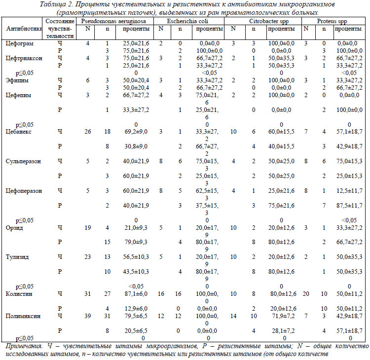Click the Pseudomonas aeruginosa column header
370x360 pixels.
click(x=113, y=21)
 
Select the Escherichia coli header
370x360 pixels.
click(x=187, y=21)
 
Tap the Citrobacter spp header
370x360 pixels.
click(x=269, y=21)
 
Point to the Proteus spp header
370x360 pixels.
click(x=332, y=21)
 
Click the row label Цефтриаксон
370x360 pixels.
click(x=24, y=58)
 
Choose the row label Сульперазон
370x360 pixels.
click(x=23, y=162)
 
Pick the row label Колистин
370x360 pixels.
click(x=19, y=294)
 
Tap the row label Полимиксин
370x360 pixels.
click(x=23, y=316)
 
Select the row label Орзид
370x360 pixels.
click(x=14, y=228)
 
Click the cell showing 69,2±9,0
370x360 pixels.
click(x=136, y=132)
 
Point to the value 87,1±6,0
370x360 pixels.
click(x=136, y=294)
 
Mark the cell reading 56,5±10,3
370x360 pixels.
click(x=136, y=257)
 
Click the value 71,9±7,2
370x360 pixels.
click(x=283, y=316)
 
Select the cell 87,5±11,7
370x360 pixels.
click(x=349, y=206)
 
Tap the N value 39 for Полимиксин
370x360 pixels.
click(x=87, y=316)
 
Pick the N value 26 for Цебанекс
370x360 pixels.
click(x=87, y=132)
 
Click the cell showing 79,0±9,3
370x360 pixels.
click(x=136, y=242)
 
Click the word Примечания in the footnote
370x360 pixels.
click(x=24, y=346)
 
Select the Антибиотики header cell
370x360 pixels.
click(x=24, y=29)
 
